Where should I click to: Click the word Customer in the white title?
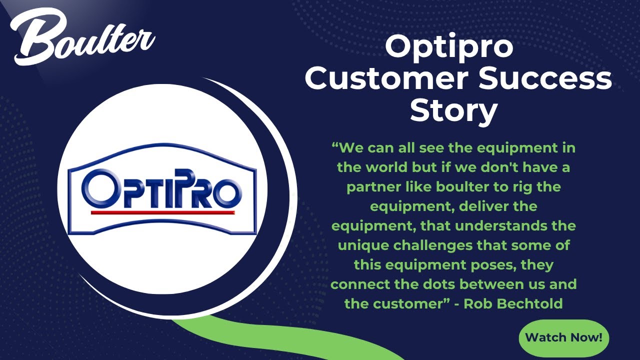tap(390, 79)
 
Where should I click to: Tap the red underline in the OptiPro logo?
tap(163, 212)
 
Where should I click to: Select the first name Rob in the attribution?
tap(475, 303)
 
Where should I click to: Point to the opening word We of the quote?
tap(352, 148)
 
